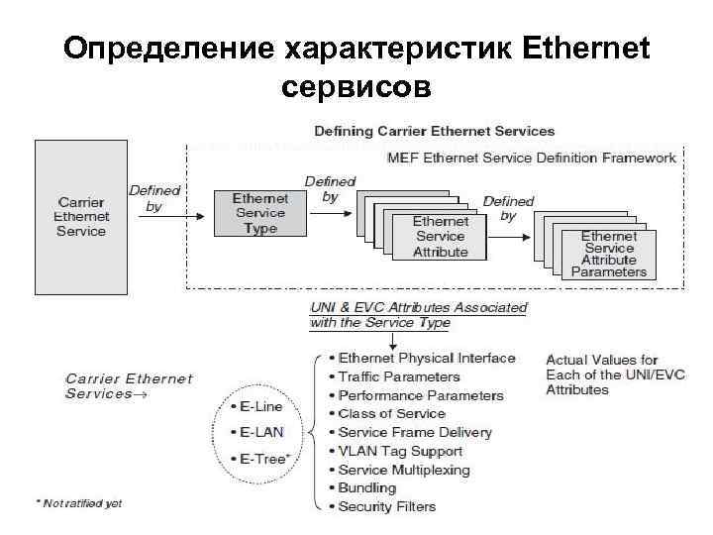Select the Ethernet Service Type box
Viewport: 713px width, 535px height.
tap(260, 213)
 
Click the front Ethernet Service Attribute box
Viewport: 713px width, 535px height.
tap(441, 237)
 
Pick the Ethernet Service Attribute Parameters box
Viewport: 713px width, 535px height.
tap(608, 254)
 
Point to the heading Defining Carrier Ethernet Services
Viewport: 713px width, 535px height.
tap(435, 131)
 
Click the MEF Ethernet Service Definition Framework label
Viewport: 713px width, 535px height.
tap(532, 157)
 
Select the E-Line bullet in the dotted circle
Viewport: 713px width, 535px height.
tap(258, 405)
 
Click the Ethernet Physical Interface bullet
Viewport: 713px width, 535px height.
tap(427, 358)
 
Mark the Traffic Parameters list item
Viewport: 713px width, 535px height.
tap(399, 376)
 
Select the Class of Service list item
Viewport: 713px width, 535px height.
tap(392, 413)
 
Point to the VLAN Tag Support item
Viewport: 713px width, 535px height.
tap(400, 451)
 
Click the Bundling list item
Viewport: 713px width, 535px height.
tap(367, 487)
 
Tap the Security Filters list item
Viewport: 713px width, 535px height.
tap(387, 506)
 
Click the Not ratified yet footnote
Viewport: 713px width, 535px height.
tap(79, 503)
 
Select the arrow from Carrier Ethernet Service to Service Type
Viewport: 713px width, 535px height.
tap(174, 220)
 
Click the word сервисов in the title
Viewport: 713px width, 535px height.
tap(356, 88)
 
